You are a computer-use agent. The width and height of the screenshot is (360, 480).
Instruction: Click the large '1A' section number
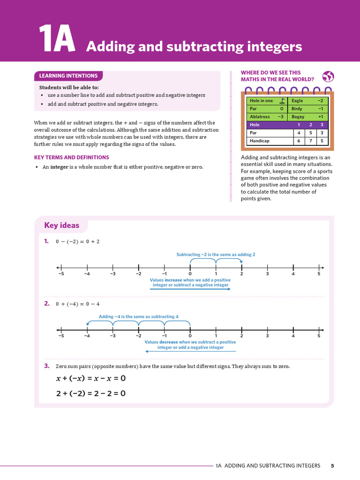(56, 39)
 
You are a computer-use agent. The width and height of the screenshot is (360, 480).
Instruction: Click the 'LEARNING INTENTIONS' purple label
(68, 76)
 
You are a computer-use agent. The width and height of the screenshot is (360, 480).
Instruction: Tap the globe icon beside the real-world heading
(329, 77)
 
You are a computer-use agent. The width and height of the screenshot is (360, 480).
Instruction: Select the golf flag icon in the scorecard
(282, 101)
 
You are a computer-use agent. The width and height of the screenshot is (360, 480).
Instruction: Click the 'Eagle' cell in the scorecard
(297, 101)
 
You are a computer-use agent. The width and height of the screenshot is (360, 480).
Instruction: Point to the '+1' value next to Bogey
(320, 117)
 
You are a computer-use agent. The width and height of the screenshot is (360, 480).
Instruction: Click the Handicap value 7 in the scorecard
(310, 141)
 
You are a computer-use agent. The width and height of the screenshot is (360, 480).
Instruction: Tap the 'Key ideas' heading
(62, 225)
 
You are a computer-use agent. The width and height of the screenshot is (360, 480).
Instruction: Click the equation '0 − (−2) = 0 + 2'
(78, 242)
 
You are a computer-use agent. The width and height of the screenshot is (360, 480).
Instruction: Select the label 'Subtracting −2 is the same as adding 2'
(216, 255)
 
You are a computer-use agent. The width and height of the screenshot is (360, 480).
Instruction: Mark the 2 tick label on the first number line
(241, 274)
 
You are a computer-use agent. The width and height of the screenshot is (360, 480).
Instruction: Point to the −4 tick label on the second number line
(87, 336)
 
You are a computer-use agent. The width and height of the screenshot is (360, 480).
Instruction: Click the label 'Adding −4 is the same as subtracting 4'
(138, 316)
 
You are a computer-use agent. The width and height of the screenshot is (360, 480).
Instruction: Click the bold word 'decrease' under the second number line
(169, 342)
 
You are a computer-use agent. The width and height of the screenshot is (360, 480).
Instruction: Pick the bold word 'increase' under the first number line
(173, 280)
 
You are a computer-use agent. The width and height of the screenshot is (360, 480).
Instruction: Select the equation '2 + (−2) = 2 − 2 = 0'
(91, 393)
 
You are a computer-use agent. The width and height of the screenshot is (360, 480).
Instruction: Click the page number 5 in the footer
(332, 466)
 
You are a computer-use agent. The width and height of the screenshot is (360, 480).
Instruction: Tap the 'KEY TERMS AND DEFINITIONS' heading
(72, 157)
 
